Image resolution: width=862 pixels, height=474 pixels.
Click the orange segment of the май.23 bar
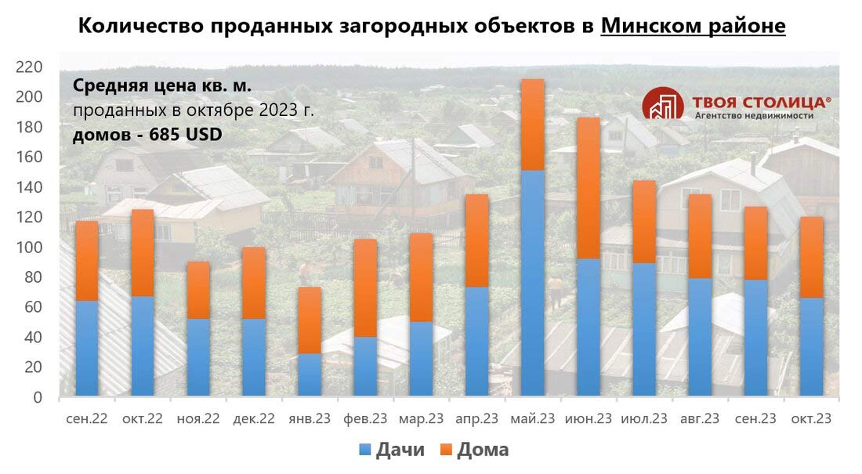(x=533, y=125)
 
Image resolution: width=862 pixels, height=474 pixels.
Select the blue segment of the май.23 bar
(x=533, y=282)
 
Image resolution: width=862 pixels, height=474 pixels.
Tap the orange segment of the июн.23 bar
(x=589, y=188)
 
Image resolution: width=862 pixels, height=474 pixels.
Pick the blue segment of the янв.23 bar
(x=310, y=374)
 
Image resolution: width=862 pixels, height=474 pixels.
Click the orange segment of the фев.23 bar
(x=365, y=288)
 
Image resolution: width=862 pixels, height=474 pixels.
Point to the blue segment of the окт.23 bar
(x=811, y=346)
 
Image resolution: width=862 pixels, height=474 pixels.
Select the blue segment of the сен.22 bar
(x=87, y=348)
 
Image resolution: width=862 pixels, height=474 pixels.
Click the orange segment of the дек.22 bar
(x=254, y=283)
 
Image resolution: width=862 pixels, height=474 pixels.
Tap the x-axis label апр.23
(x=477, y=419)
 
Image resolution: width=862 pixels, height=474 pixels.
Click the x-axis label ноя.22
(x=198, y=419)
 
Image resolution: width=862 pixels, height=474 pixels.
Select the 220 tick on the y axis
(x=29, y=67)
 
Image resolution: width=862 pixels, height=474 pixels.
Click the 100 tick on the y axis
(x=29, y=247)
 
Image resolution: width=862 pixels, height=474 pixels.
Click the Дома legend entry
(x=473, y=450)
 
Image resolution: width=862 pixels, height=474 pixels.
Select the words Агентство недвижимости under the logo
(x=754, y=115)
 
